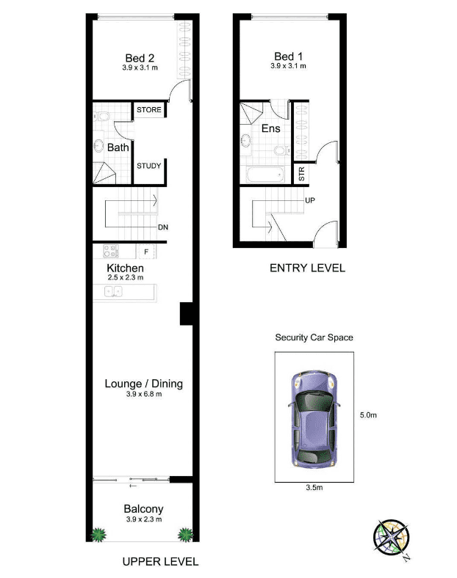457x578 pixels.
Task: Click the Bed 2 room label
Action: pos(140,58)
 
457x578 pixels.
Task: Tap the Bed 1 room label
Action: pos(288,56)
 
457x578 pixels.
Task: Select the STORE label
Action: pos(148,109)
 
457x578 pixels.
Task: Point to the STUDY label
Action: pos(148,166)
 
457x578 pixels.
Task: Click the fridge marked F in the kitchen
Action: pos(146,252)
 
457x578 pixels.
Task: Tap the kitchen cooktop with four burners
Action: pos(111,251)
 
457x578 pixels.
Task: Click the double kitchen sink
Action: pos(113,292)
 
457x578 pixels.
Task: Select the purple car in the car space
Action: pos(314,419)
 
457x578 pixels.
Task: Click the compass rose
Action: pos(392,538)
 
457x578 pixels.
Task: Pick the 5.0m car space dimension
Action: pos(368,415)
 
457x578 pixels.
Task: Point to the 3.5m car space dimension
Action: pos(314,487)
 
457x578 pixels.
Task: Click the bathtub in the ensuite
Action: pos(265,175)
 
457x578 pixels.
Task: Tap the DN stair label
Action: pos(163,227)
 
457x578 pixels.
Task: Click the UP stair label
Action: pos(310,200)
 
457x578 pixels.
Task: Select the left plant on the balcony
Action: pos(98,535)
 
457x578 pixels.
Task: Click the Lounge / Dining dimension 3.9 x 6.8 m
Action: pos(143,394)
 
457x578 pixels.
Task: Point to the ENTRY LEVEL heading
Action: pos(308,268)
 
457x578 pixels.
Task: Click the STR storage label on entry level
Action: pos(301,174)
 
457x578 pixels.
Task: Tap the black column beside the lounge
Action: pos(187,314)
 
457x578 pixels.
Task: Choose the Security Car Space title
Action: pos(314,337)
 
